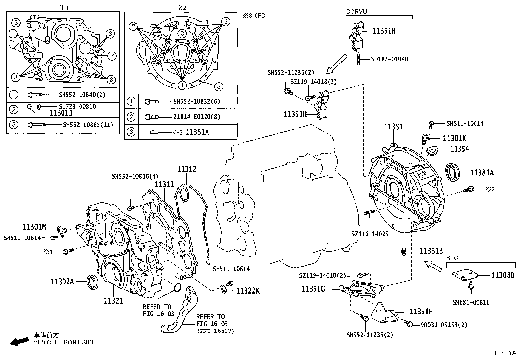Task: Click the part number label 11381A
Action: click(x=482, y=173)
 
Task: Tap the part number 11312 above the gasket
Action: click(x=187, y=169)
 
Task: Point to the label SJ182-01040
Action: click(x=389, y=59)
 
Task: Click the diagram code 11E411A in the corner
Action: click(x=503, y=353)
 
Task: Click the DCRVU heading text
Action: click(x=356, y=12)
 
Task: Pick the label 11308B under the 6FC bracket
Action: click(x=502, y=275)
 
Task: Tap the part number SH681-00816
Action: click(x=471, y=302)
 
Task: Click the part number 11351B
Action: click(x=431, y=251)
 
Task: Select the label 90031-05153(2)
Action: click(x=443, y=325)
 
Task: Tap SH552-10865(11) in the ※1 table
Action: click(x=88, y=125)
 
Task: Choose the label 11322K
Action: click(x=248, y=291)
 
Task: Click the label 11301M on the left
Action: click(x=34, y=226)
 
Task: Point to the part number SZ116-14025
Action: click(x=370, y=234)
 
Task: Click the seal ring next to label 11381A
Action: click(x=453, y=172)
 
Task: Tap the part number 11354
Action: click(x=459, y=149)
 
